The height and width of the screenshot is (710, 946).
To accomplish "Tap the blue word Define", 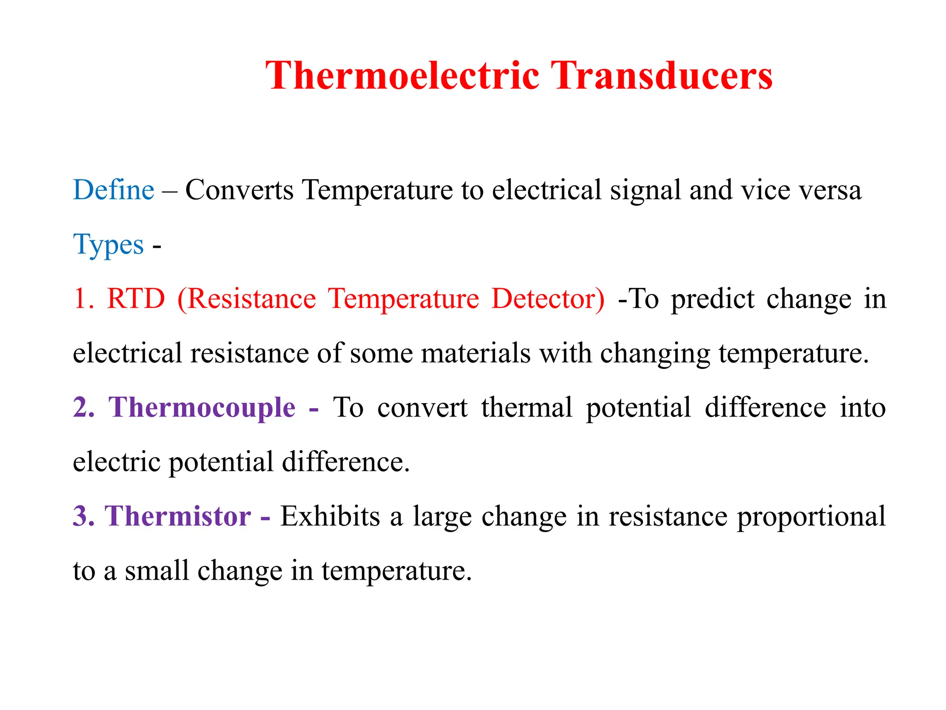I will point(114,190).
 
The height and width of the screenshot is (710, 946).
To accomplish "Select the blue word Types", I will point(109,245).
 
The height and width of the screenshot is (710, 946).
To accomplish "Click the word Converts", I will point(239,190).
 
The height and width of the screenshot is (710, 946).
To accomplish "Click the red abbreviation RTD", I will point(136,299).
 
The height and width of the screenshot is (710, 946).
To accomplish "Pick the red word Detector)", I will point(548,299).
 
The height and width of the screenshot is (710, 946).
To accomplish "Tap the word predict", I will point(713,299).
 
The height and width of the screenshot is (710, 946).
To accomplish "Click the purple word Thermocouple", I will point(202,408).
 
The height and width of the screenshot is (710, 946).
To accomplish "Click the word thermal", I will point(527,408).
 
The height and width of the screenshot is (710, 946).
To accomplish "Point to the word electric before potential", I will point(116,462).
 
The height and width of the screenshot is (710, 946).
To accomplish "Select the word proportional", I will point(811,517).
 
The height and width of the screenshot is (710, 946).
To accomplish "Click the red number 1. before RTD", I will point(84,299).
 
